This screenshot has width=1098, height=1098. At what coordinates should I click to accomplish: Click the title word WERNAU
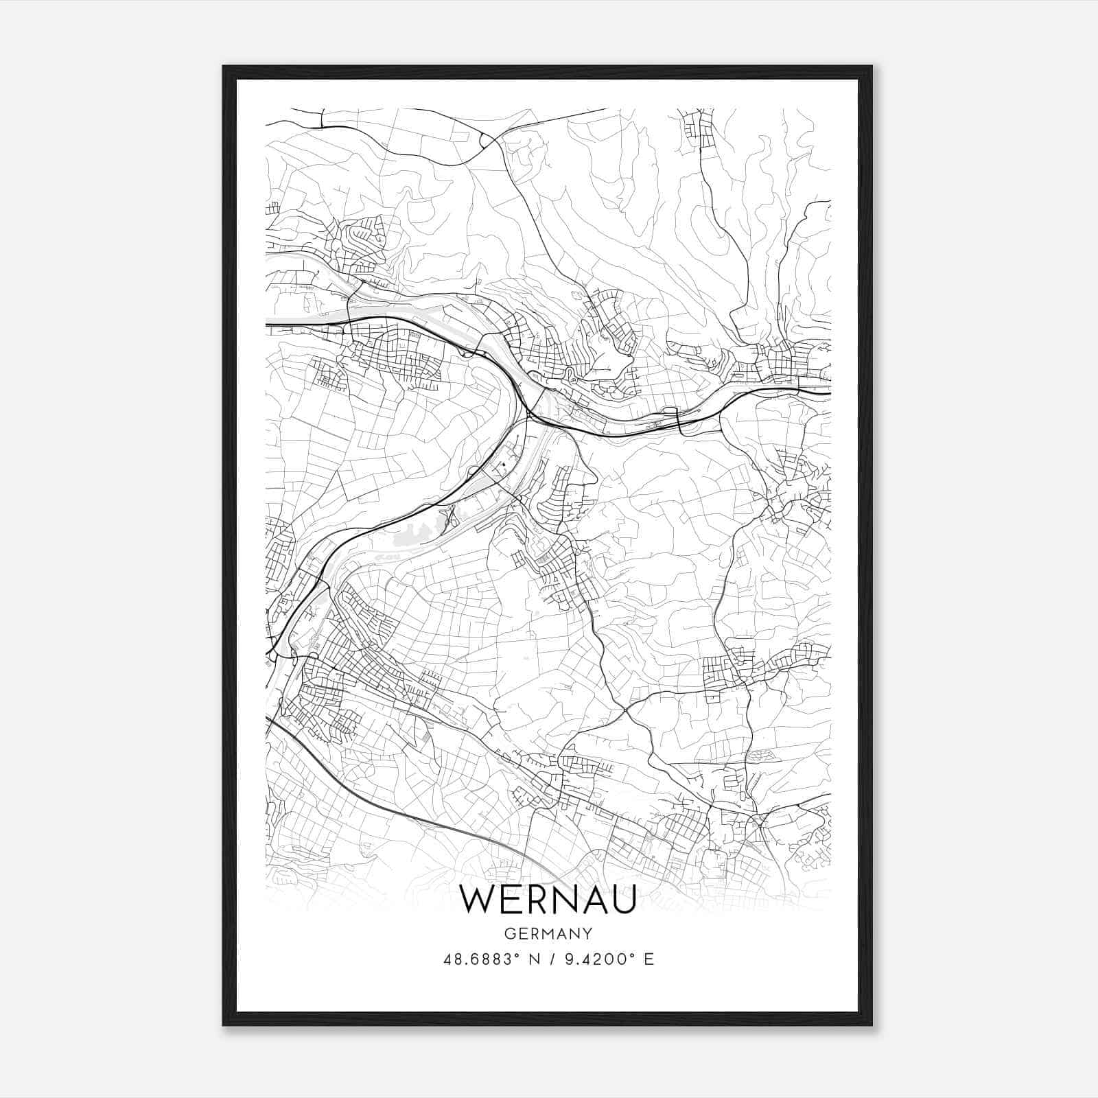(x=548, y=899)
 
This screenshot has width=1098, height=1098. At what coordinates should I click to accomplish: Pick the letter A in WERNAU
(x=592, y=899)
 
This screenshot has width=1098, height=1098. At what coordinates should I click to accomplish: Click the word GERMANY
(x=548, y=933)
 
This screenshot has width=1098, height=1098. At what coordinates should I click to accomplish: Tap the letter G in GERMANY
(x=509, y=933)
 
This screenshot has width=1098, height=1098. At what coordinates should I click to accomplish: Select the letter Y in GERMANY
(x=587, y=933)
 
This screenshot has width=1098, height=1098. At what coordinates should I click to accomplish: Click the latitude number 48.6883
(x=478, y=959)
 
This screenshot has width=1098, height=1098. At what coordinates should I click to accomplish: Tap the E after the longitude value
(x=649, y=959)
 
